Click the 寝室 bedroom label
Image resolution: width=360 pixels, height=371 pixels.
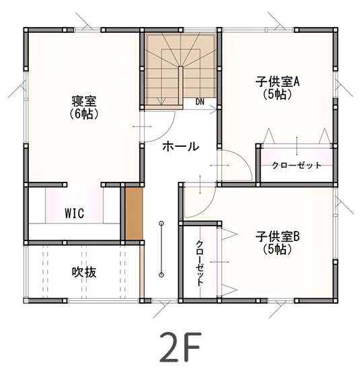click(x=84, y=102)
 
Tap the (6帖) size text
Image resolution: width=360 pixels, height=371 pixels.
click(x=84, y=114)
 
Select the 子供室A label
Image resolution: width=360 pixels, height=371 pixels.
click(x=277, y=82)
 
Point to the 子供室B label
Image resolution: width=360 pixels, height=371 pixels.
click(x=277, y=237)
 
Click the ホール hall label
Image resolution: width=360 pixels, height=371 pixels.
click(x=180, y=146)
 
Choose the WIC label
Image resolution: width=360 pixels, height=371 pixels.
click(x=74, y=213)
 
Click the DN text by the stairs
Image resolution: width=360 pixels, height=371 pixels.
click(x=200, y=102)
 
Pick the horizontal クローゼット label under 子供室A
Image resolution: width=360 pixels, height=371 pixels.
click(x=297, y=166)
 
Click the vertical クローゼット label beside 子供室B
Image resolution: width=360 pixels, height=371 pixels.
click(x=200, y=263)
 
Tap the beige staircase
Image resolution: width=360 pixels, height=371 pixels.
click(x=180, y=69)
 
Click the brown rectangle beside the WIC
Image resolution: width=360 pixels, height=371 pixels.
click(x=134, y=214)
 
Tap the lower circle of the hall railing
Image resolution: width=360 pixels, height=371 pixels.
click(x=161, y=274)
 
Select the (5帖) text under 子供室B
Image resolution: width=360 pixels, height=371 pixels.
click(x=277, y=249)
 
